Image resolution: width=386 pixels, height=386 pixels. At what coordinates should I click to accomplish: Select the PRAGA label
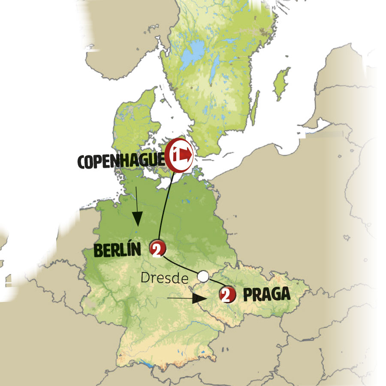(x=266, y=294)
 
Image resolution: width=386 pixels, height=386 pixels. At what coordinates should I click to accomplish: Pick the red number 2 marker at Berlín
(x=156, y=248)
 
